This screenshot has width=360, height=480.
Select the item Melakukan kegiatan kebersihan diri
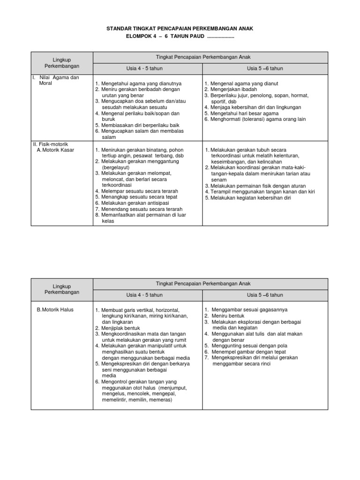point(248,198)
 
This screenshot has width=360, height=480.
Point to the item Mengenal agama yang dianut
point(241,83)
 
